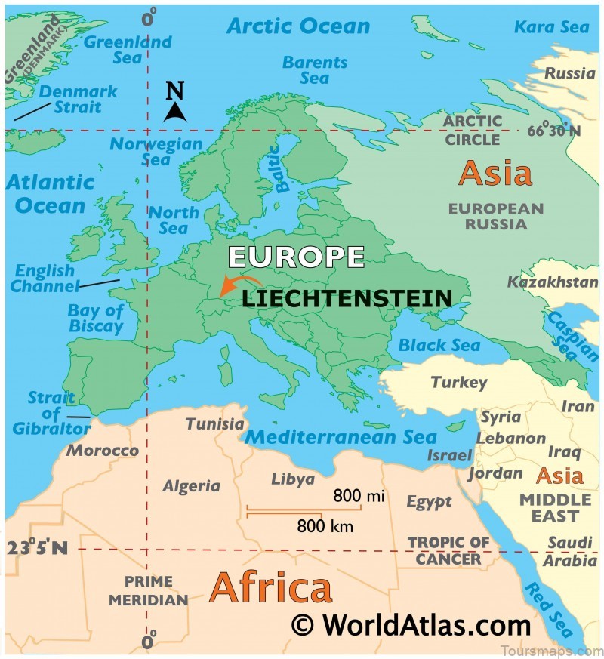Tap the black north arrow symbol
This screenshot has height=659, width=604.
click(x=175, y=103)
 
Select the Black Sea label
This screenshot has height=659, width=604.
click(x=439, y=346)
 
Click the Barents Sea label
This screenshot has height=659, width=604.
click(x=314, y=69)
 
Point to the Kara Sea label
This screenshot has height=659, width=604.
click(x=552, y=27)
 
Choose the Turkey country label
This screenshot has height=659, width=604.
click(x=459, y=383)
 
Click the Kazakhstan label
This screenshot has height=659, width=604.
click(x=553, y=282)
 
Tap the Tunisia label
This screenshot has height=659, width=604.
click(x=215, y=423)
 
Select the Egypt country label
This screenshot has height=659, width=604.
click(x=429, y=501)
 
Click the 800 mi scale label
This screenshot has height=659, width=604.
click(x=359, y=496)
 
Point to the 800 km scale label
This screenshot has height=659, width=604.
click(x=325, y=526)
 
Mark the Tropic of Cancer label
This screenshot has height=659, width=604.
click(x=448, y=551)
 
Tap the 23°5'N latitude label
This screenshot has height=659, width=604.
click(x=38, y=548)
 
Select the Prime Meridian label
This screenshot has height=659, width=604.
click(x=149, y=591)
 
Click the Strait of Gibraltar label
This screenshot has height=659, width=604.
click(x=51, y=414)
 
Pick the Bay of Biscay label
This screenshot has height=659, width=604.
click(x=96, y=318)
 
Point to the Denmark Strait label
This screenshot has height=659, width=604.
click(x=78, y=99)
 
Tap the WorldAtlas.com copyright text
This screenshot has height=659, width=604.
click(x=411, y=626)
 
